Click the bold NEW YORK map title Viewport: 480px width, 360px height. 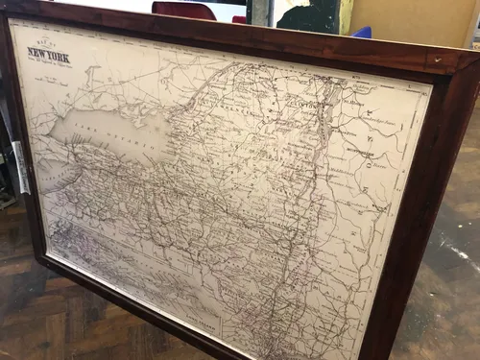tap(48, 55)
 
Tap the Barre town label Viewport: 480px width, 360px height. tap(388, 163)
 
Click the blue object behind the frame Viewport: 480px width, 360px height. tap(362, 32)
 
